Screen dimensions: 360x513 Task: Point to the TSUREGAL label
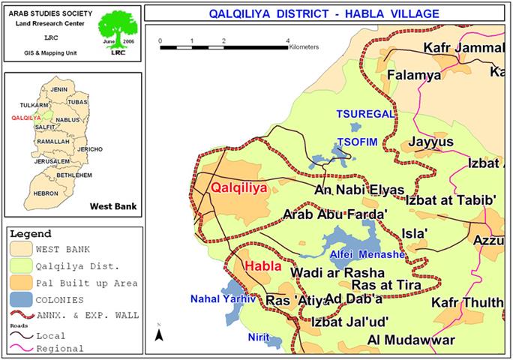[359, 114]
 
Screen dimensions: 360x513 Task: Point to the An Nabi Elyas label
[359, 190]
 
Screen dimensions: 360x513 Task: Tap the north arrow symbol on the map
[160, 333]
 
